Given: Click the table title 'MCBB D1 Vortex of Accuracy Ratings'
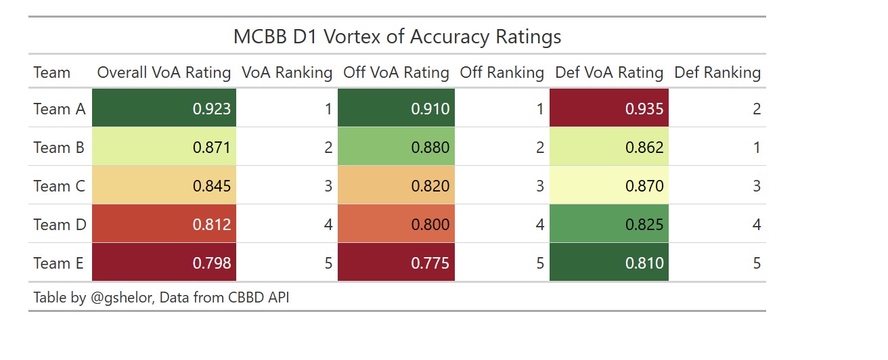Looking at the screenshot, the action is (x=397, y=37).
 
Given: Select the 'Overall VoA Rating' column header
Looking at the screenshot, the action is (x=164, y=72).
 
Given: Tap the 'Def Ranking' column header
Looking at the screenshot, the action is (x=717, y=72).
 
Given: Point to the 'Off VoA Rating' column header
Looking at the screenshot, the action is (x=396, y=72).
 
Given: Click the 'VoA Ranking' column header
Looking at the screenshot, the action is (x=287, y=72).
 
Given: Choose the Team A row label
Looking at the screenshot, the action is (x=60, y=109).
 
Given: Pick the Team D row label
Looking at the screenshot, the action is (x=60, y=225).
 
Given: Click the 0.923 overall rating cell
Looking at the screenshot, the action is (x=164, y=108).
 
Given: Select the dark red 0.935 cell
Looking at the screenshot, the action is (x=609, y=108).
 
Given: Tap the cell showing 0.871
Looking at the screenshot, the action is (x=164, y=146).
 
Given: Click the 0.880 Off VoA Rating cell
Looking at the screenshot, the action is (x=396, y=146).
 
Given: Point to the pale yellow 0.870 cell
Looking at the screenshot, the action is (x=609, y=185).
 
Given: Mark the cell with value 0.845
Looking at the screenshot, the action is (x=164, y=185).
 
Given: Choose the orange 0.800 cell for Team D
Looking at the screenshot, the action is (x=396, y=223).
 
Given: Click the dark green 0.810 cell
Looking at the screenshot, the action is (x=609, y=262).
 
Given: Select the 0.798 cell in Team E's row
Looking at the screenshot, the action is (x=164, y=262).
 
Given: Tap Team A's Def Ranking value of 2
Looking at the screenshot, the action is (x=757, y=109).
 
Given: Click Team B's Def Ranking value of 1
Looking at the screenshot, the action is (x=757, y=148).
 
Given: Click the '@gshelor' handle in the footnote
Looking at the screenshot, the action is (x=122, y=297).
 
